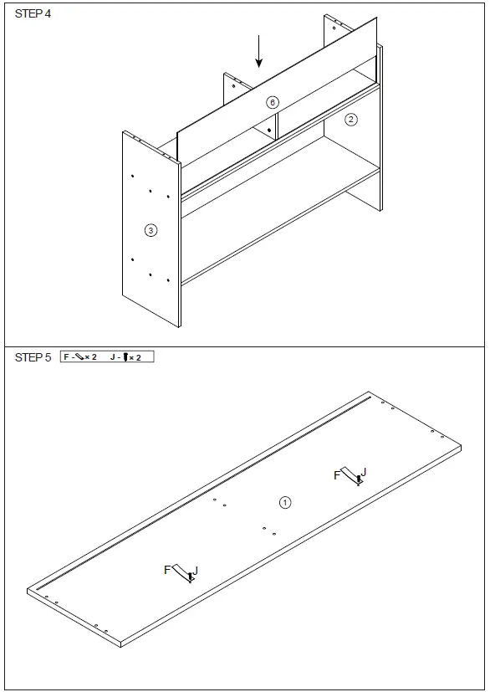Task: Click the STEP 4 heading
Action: click(33, 16)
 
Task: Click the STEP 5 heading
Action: click(33, 357)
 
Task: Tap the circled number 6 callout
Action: click(272, 102)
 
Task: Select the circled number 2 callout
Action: click(351, 119)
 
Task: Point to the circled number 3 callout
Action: click(151, 229)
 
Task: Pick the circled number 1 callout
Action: click(284, 502)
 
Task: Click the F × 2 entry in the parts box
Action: click(80, 357)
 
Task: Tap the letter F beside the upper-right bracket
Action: click(337, 475)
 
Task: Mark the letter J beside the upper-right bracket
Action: click(363, 472)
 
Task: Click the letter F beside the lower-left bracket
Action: click(167, 570)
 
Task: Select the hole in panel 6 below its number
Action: click(269, 130)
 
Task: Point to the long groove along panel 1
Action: click(209, 490)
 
